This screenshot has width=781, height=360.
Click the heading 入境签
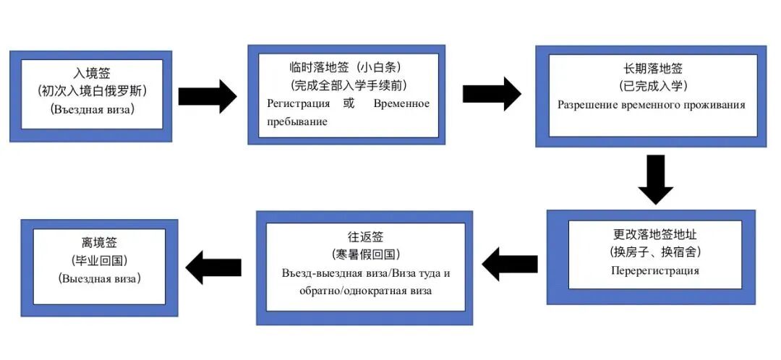pyautogui.click(x=90, y=73)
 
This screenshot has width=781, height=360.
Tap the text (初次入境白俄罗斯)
pyautogui.click(x=90, y=91)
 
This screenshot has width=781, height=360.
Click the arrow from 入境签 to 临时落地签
pyautogui.click(x=207, y=96)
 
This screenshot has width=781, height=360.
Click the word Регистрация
pyautogui.click(x=299, y=103)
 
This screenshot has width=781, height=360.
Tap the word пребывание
pyautogui.click(x=297, y=121)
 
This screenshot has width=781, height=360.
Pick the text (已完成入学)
pyautogui.click(x=653, y=86)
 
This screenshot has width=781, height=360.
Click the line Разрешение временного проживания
pyautogui.click(x=651, y=105)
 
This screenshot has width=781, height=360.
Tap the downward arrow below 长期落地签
pyautogui.click(x=655, y=179)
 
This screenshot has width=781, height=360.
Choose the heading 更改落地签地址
pyautogui.click(x=655, y=235)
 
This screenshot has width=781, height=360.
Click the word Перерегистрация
pyautogui.click(x=655, y=271)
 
